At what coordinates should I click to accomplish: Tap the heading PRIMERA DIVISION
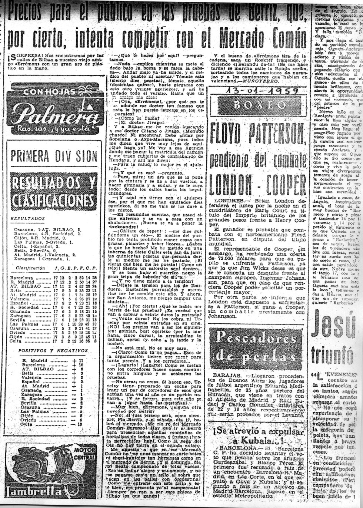54,156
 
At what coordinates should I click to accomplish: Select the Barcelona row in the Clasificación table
54,277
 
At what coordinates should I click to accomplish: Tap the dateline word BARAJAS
226,375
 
